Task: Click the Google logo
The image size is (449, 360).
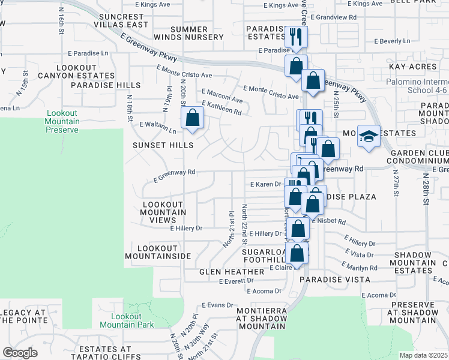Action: (20, 353)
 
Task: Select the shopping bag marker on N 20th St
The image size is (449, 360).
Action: (193, 119)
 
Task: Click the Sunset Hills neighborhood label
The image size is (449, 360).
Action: (163, 145)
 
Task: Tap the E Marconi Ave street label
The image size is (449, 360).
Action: (221, 97)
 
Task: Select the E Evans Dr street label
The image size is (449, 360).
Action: (216, 305)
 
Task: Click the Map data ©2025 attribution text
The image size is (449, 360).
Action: (423, 355)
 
